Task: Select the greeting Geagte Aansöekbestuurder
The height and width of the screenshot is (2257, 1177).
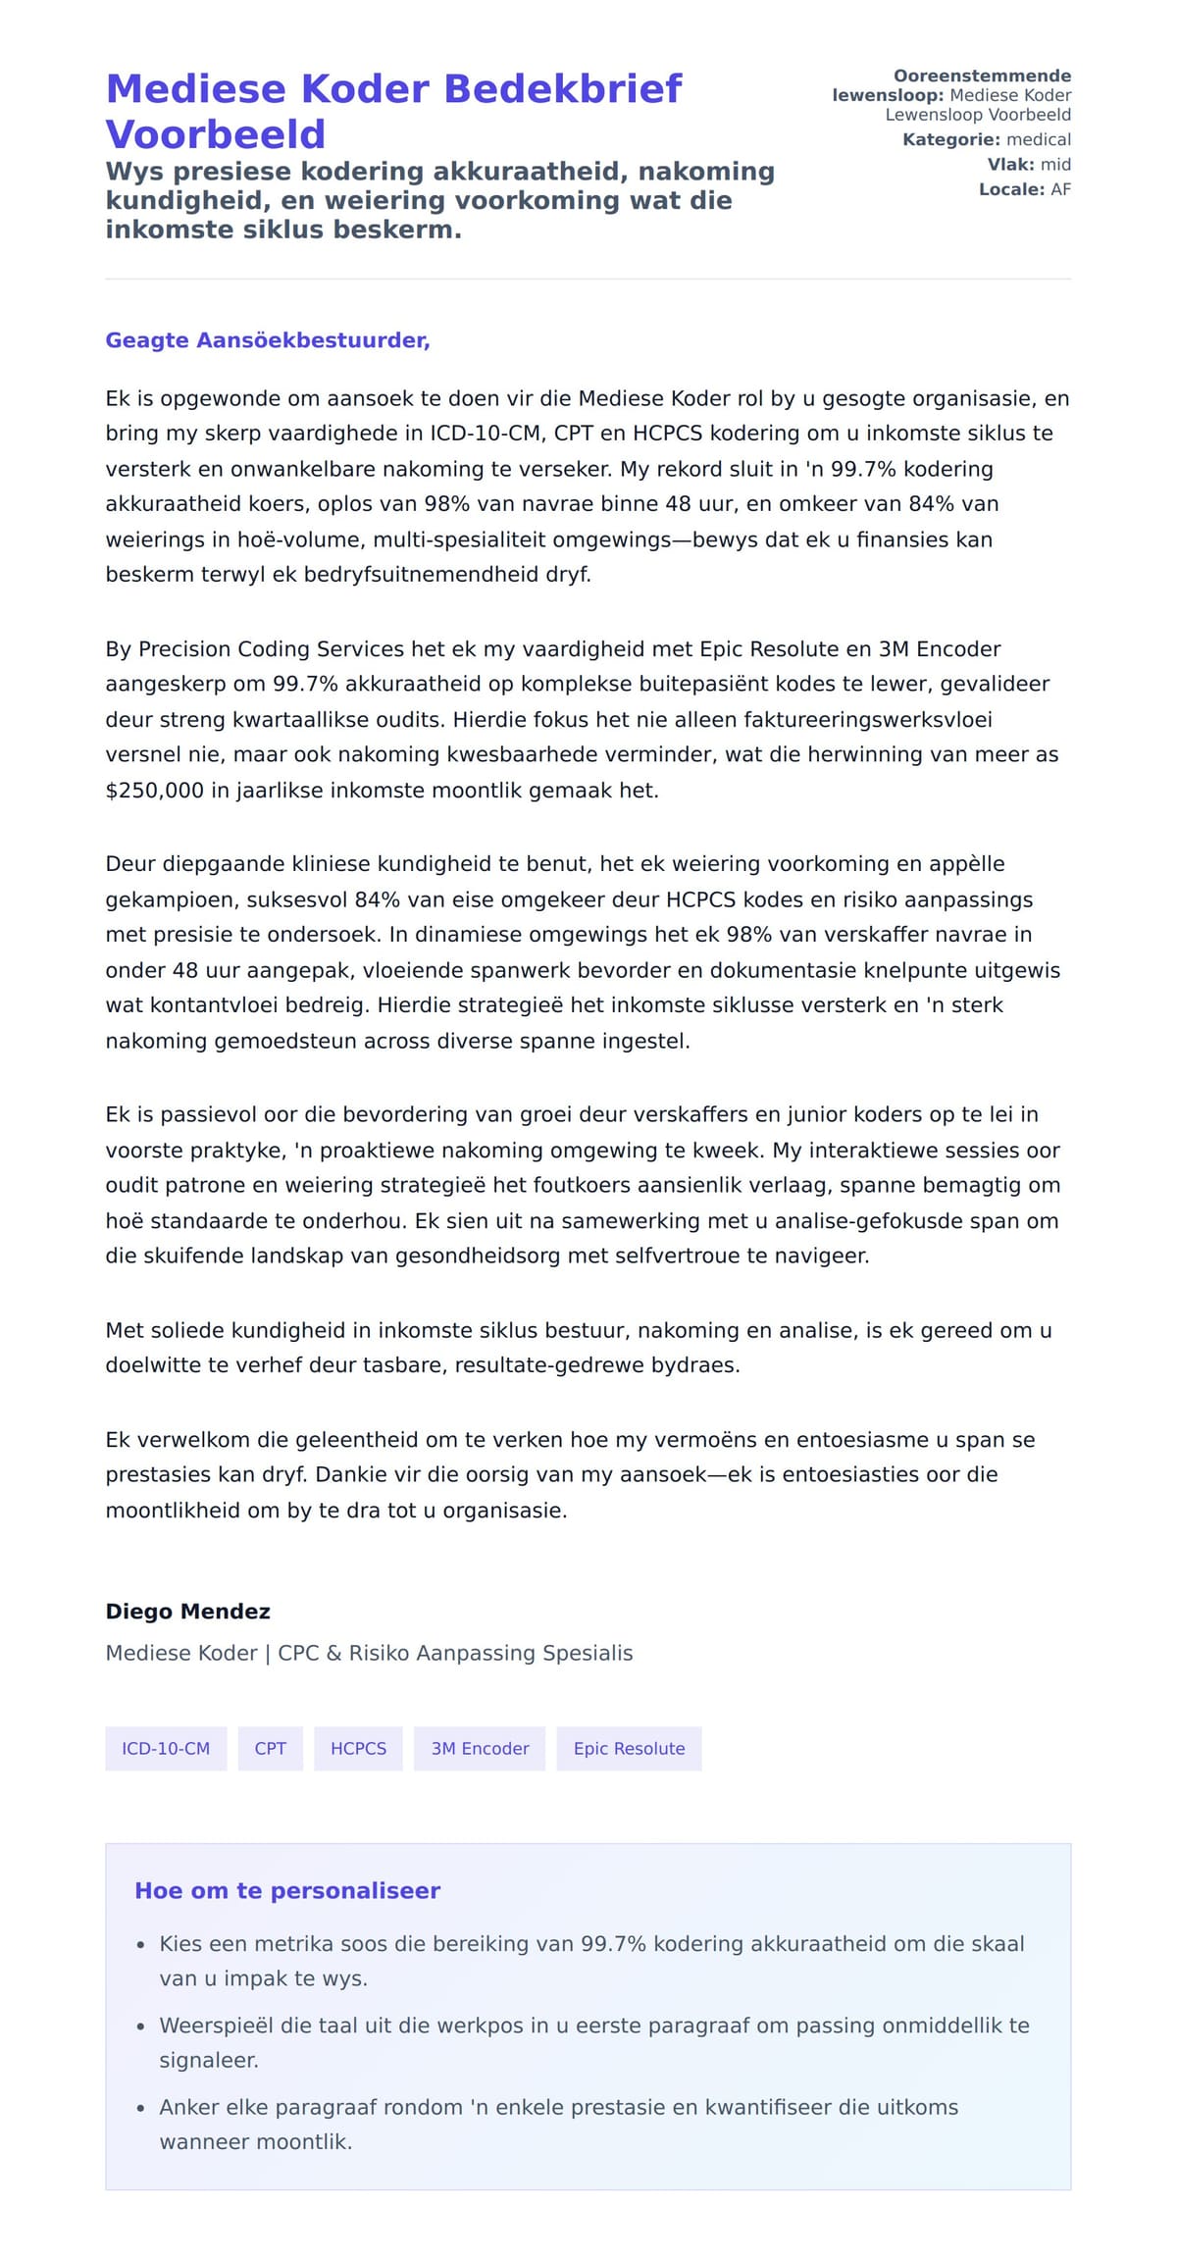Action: click(x=268, y=340)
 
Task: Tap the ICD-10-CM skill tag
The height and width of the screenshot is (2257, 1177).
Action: click(x=166, y=1748)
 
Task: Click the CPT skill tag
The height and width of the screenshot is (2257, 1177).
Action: click(x=270, y=1748)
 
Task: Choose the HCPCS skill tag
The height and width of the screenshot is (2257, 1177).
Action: click(x=358, y=1748)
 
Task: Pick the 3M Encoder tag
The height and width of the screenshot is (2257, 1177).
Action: click(x=480, y=1748)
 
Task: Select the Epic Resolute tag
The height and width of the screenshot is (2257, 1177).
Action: click(x=629, y=1748)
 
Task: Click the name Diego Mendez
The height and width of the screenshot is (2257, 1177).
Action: click(x=187, y=1612)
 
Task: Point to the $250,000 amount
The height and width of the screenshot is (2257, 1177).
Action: click(x=154, y=791)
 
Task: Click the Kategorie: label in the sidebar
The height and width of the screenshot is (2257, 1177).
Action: click(x=950, y=140)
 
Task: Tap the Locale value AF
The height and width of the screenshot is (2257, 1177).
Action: click(x=1060, y=189)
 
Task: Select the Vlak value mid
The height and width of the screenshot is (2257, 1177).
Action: click(x=1055, y=165)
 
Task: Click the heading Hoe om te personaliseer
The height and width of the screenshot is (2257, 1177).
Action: click(x=286, y=1891)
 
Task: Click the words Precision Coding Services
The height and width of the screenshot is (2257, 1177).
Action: click(x=271, y=649)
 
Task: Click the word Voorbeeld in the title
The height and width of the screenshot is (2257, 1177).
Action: click(x=215, y=134)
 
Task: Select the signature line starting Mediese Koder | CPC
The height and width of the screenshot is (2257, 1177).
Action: click(x=369, y=1653)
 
